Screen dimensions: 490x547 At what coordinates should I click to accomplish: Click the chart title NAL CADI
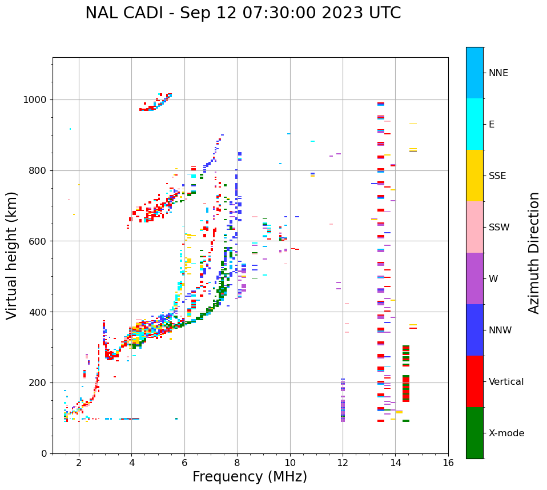click(x=243, y=13)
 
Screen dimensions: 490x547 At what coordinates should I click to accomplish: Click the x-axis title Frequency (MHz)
click(x=250, y=477)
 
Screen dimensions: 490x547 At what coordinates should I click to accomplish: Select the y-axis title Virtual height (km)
click(x=12, y=255)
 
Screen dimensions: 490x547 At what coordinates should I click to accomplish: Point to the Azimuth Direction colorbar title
click(x=534, y=253)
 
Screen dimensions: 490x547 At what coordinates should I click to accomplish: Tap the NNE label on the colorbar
click(x=498, y=73)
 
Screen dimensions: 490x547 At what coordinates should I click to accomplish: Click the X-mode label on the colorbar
click(x=506, y=433)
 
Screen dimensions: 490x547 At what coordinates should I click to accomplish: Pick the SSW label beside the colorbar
click(x=499, y=228)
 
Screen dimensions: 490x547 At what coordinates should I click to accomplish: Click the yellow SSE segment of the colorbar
click(x=474, y=176)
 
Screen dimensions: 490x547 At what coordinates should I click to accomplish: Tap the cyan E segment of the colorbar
click(x=474, y=124)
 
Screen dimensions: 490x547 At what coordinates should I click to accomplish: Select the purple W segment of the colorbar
click(x=474, y=278)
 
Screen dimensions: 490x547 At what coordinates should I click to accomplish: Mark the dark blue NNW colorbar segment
click(x=474, y=330)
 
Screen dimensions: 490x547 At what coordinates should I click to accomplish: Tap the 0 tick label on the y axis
click(x=44, y=453)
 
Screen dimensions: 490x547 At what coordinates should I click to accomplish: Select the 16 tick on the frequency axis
click(x=448, y=463)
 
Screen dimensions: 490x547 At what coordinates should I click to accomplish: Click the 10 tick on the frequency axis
click(x=290, y=463)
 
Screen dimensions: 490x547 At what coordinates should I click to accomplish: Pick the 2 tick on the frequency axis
click(x=79, y=463)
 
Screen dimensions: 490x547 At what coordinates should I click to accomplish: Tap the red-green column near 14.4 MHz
click(x=406, y=377)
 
